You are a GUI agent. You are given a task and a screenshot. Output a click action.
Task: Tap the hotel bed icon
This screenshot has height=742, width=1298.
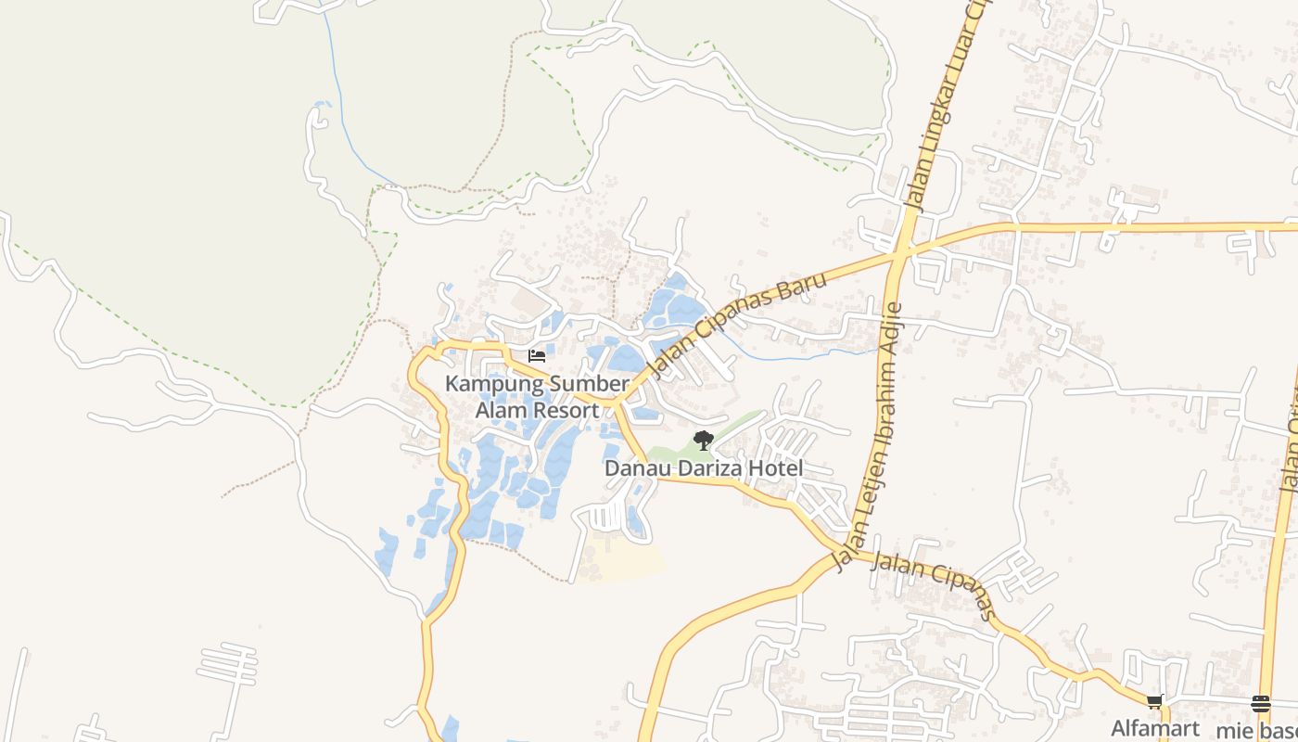click(536, 355)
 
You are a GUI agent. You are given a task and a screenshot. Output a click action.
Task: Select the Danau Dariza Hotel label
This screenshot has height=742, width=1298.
click(703, 468)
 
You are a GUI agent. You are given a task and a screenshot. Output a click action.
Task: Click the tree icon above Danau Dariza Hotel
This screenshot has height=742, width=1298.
click(703, 440)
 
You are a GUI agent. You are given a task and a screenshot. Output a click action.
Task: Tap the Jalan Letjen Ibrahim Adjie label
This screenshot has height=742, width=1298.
click(872, 436)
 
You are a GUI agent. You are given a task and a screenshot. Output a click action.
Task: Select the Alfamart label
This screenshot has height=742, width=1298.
click(1155, 728)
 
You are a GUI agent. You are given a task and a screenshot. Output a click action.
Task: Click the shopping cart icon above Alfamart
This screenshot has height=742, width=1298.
click(1154, 702)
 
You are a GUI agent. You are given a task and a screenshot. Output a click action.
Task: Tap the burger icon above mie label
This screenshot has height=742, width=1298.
click(1260, 703)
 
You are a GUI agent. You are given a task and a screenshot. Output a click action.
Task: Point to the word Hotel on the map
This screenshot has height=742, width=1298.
click(780, 468)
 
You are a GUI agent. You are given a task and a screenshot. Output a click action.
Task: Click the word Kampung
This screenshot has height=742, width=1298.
click(489, 384)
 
